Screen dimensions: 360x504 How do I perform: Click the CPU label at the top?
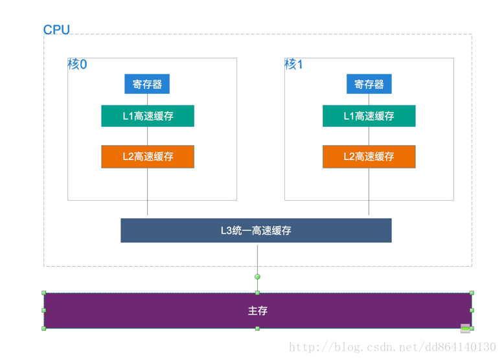coord(56,30)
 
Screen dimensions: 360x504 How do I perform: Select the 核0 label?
coord(77,65)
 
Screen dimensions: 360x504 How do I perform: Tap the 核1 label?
coord(293,65)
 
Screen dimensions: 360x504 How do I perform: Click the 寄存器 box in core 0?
coord(147,84)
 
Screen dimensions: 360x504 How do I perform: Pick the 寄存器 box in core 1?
coord(369,84)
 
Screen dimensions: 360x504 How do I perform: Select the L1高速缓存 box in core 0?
coord(148,116)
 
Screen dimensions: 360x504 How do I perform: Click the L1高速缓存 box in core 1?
coord(369,116)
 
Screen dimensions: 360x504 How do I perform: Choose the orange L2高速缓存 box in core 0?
coord(148,157)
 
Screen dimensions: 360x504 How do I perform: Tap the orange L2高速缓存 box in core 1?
coord(369,157)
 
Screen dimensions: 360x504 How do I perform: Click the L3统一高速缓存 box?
coord(256,231)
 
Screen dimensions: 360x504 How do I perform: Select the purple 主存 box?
coord(257,311)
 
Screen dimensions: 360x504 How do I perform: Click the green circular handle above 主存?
coord(257,276)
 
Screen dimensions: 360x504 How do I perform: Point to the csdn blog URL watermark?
coord(392,348)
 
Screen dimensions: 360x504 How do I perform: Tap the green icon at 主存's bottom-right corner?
coord(465,328)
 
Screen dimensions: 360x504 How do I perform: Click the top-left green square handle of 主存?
coord(44,293)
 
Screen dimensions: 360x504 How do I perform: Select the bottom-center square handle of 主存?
coord(257,328)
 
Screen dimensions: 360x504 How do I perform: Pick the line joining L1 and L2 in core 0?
coord(148,136)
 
